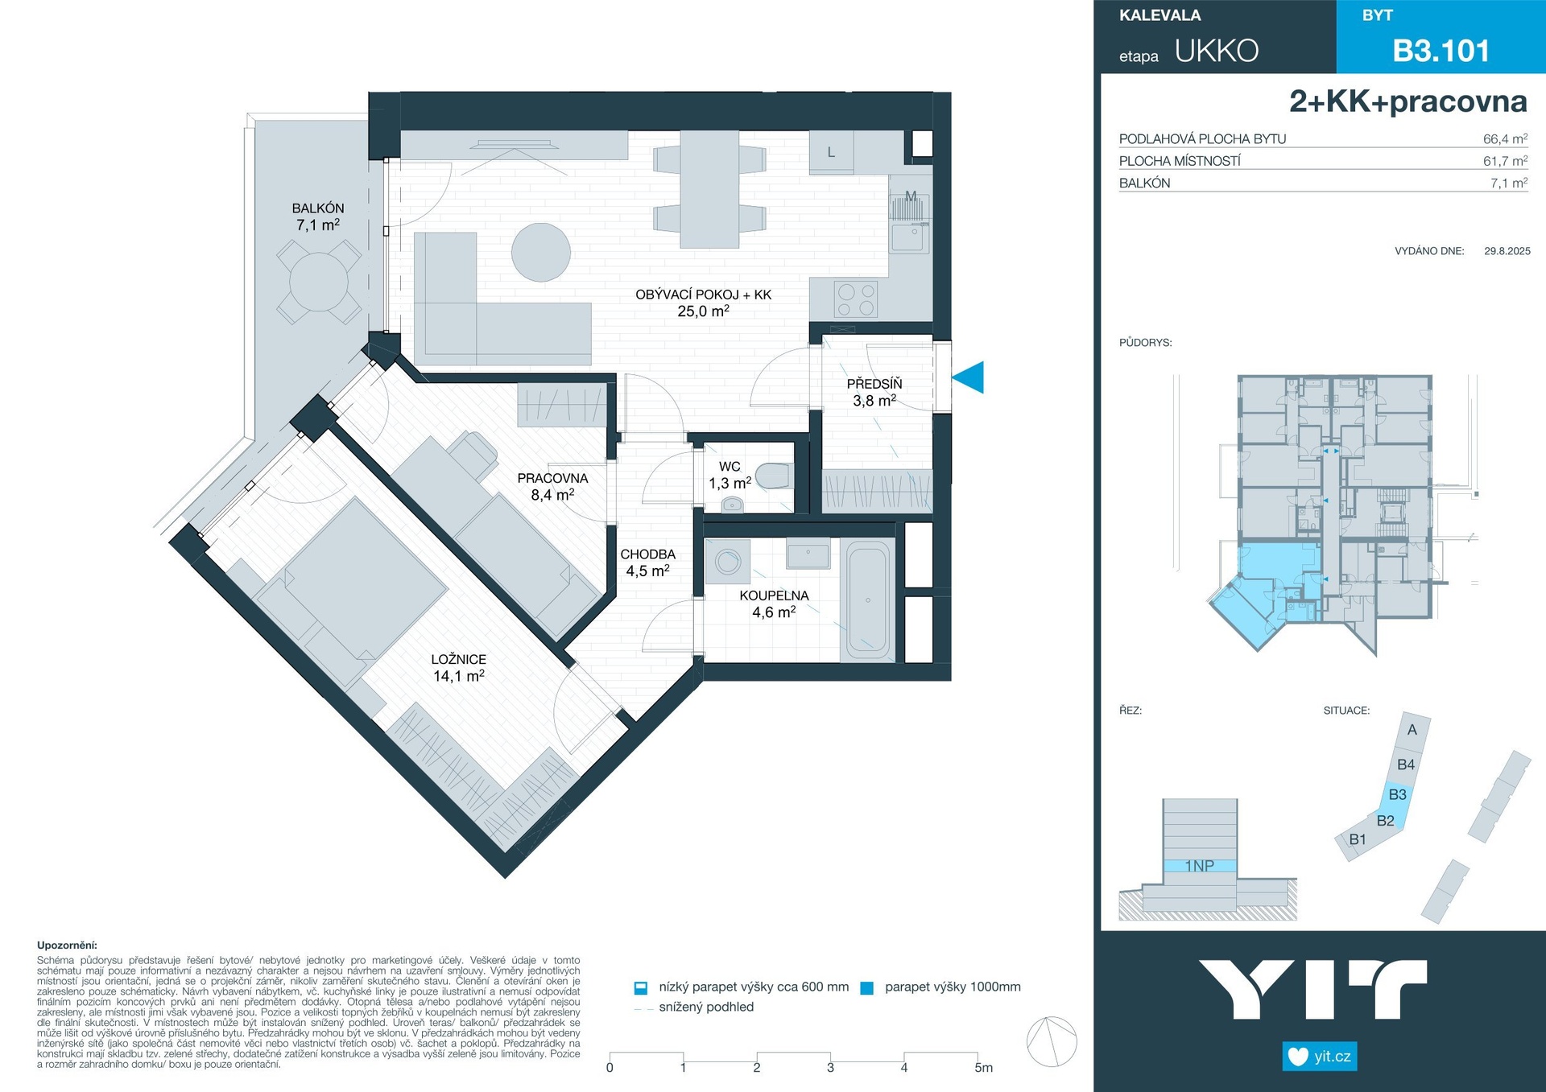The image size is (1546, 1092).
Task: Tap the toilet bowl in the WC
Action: point(773,476)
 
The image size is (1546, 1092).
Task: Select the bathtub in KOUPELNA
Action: point(867,600)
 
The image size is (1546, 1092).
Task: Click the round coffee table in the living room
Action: point(541,252)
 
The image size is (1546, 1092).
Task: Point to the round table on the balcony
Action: point(319,282)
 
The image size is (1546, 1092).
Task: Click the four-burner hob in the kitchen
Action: point(856,299)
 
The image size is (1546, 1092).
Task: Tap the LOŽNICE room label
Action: point(458,659)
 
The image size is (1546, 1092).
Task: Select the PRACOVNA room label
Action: point(552,478)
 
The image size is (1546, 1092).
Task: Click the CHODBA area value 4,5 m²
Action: point(647,571)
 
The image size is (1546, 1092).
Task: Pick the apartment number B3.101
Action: point(1441,51)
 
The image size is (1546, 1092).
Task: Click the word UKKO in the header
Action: point(1216,51)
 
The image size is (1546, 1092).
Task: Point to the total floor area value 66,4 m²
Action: point(1505,138)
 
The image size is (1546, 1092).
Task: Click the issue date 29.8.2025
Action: point(1507,251)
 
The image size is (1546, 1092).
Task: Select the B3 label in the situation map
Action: point(1397,794)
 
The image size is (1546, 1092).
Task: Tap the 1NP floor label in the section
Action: point(1199,866)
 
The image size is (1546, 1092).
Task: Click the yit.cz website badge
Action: point(1319,1056)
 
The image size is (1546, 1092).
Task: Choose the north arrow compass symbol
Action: point(1052,1041)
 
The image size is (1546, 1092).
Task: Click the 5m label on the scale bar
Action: point(983,1068)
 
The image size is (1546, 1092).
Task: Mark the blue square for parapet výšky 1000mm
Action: point(866,988)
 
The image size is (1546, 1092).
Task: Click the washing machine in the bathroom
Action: point(728,561)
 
